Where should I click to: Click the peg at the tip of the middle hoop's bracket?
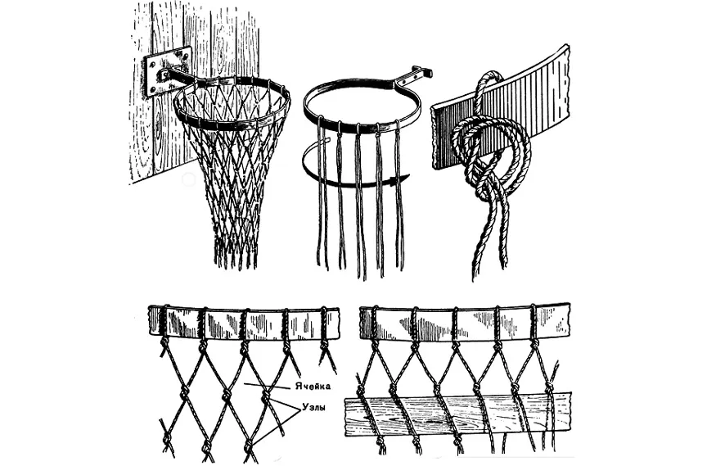click(427, 72)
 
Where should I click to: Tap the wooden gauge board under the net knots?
click(458, 416)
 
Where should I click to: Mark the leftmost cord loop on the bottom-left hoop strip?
click(163, 323)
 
